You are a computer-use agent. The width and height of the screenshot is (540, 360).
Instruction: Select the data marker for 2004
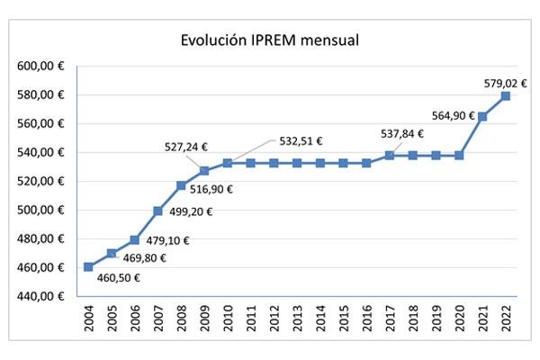tap(88, 266)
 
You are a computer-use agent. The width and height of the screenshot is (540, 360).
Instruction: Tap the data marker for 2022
tap(507, 96)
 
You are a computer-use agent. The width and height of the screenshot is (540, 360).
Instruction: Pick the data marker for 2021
tap(483, 116)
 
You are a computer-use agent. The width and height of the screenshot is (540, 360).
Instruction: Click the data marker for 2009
tap(204, 171)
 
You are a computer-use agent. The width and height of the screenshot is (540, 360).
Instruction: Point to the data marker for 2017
tap(391, 156)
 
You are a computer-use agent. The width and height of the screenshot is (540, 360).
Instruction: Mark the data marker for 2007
tap(158, 211)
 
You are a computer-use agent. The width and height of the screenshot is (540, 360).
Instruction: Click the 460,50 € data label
tap(119, 278)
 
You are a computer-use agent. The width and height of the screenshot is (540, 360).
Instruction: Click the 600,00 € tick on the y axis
tap(40, 67)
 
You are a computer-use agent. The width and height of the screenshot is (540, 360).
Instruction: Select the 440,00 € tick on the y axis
tap(40, 297)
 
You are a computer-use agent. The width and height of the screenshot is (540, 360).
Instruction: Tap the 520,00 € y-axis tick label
tap(40, 182)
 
